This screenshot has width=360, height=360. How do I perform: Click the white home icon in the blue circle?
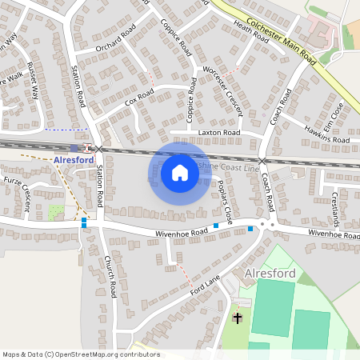[180, 173]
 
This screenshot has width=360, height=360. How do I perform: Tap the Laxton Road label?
[221, 132]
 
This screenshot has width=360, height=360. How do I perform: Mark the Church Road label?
[110, 278]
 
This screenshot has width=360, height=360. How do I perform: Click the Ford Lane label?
[204, 289]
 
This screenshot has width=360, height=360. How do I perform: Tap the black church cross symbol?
[237, 318]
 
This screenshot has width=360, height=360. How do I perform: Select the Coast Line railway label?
[236, 167]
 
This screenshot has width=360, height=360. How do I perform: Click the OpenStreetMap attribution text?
[81, 354]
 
